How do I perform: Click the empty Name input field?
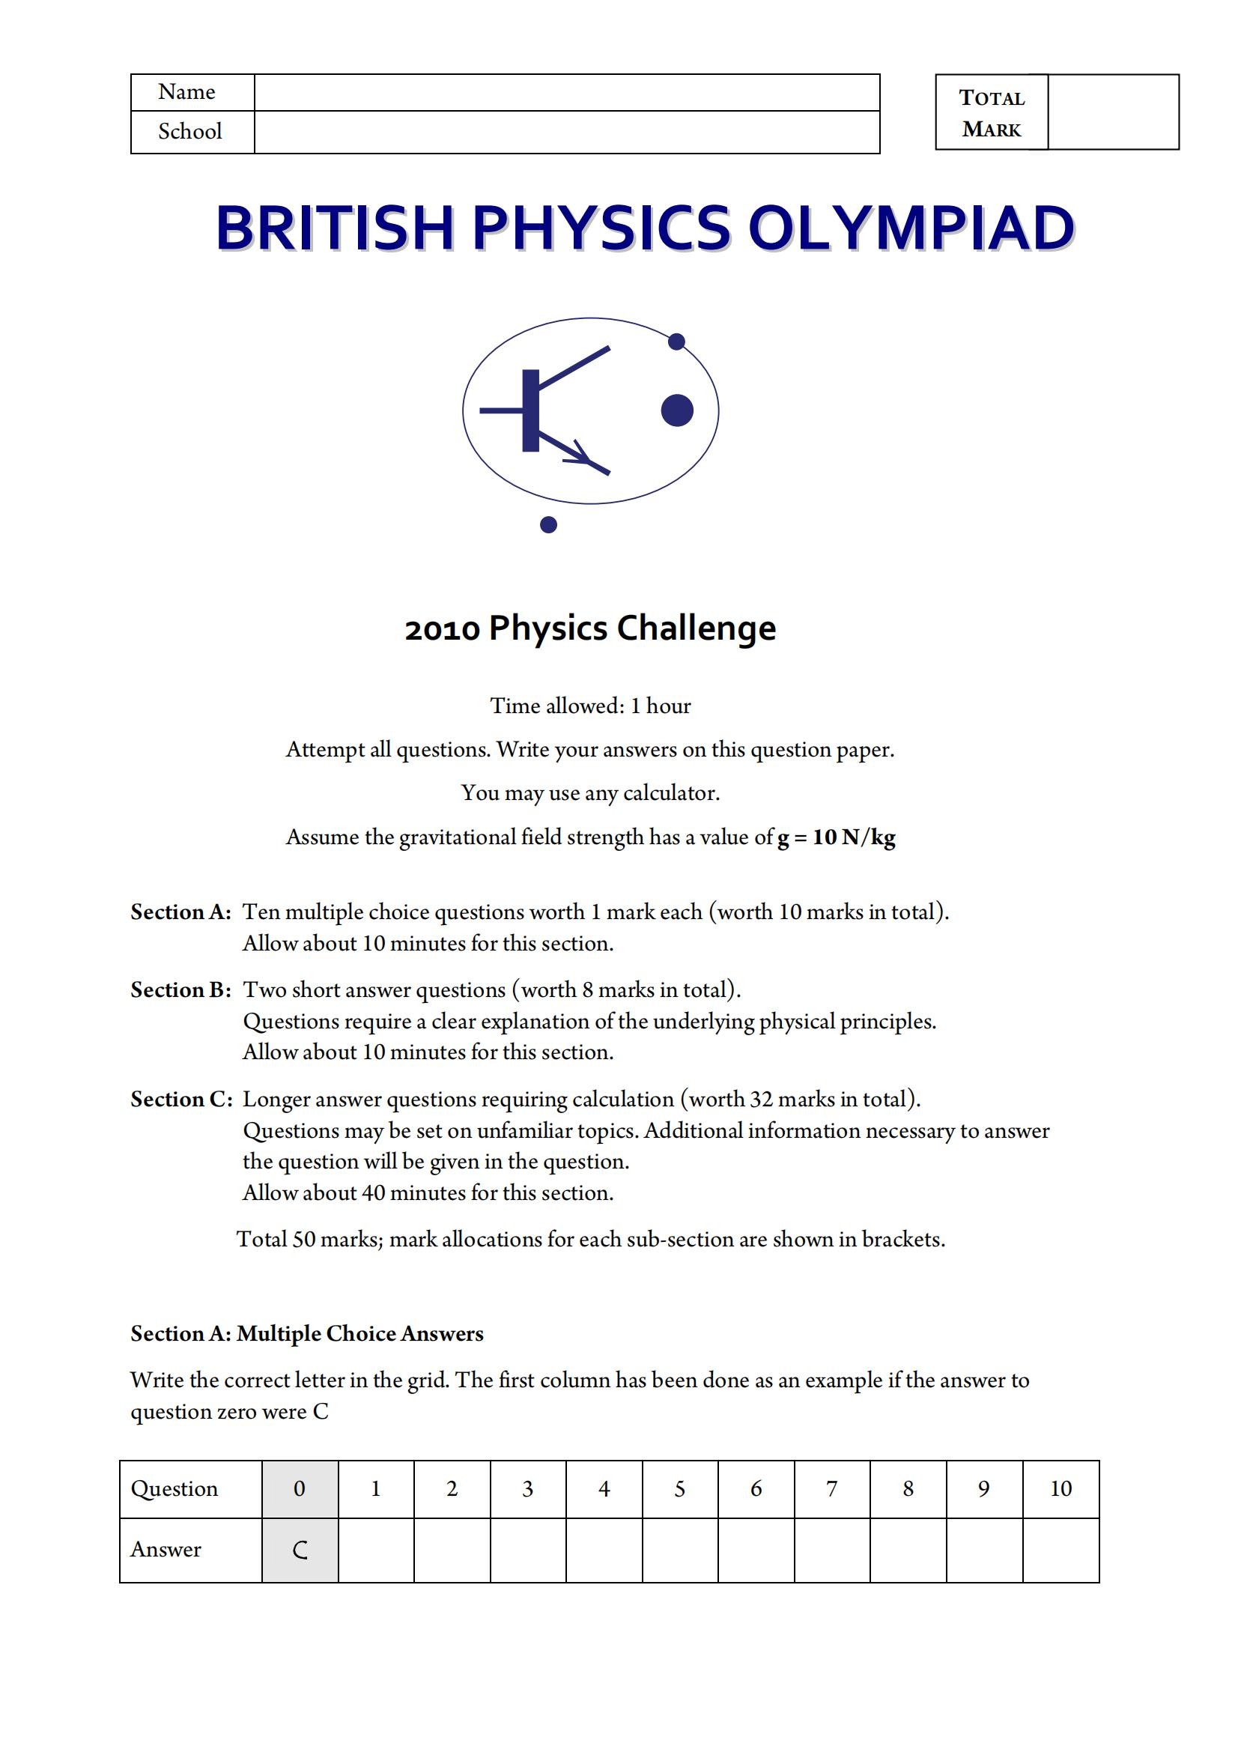(x=566, y=92)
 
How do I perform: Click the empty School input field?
(x=566, y=132)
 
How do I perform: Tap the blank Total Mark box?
(x=1113, y=112)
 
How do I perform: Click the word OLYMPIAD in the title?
(x=911, y=228)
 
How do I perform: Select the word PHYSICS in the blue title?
(x=601, y=228)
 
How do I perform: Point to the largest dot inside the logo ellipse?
(x=676, y=410)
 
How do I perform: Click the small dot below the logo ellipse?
(x=547, y=524)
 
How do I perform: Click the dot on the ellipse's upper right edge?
(x=676, y=341)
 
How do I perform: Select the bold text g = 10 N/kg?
(x=836, y=837)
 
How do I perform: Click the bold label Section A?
(x=180, y=912)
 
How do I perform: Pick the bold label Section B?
(x=180, y=989)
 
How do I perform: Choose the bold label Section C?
(x=180, y=1099)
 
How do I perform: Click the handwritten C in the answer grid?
(x=300, y=1550)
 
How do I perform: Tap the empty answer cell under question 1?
(x=375, y=1550)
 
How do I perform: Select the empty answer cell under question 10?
(x=1061, y=1550)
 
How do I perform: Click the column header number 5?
(x=679, y=1489)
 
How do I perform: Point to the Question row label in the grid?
(x=174, y=1489)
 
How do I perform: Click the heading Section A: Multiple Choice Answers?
(x=306, y=1333)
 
